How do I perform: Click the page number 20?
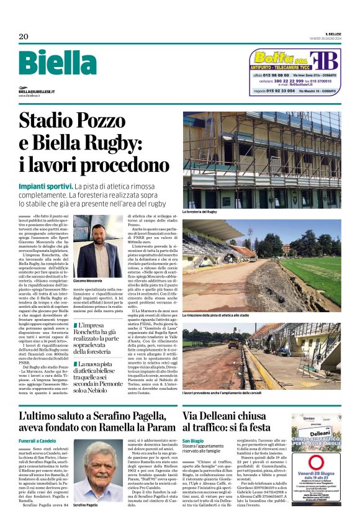tap(23, 36)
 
